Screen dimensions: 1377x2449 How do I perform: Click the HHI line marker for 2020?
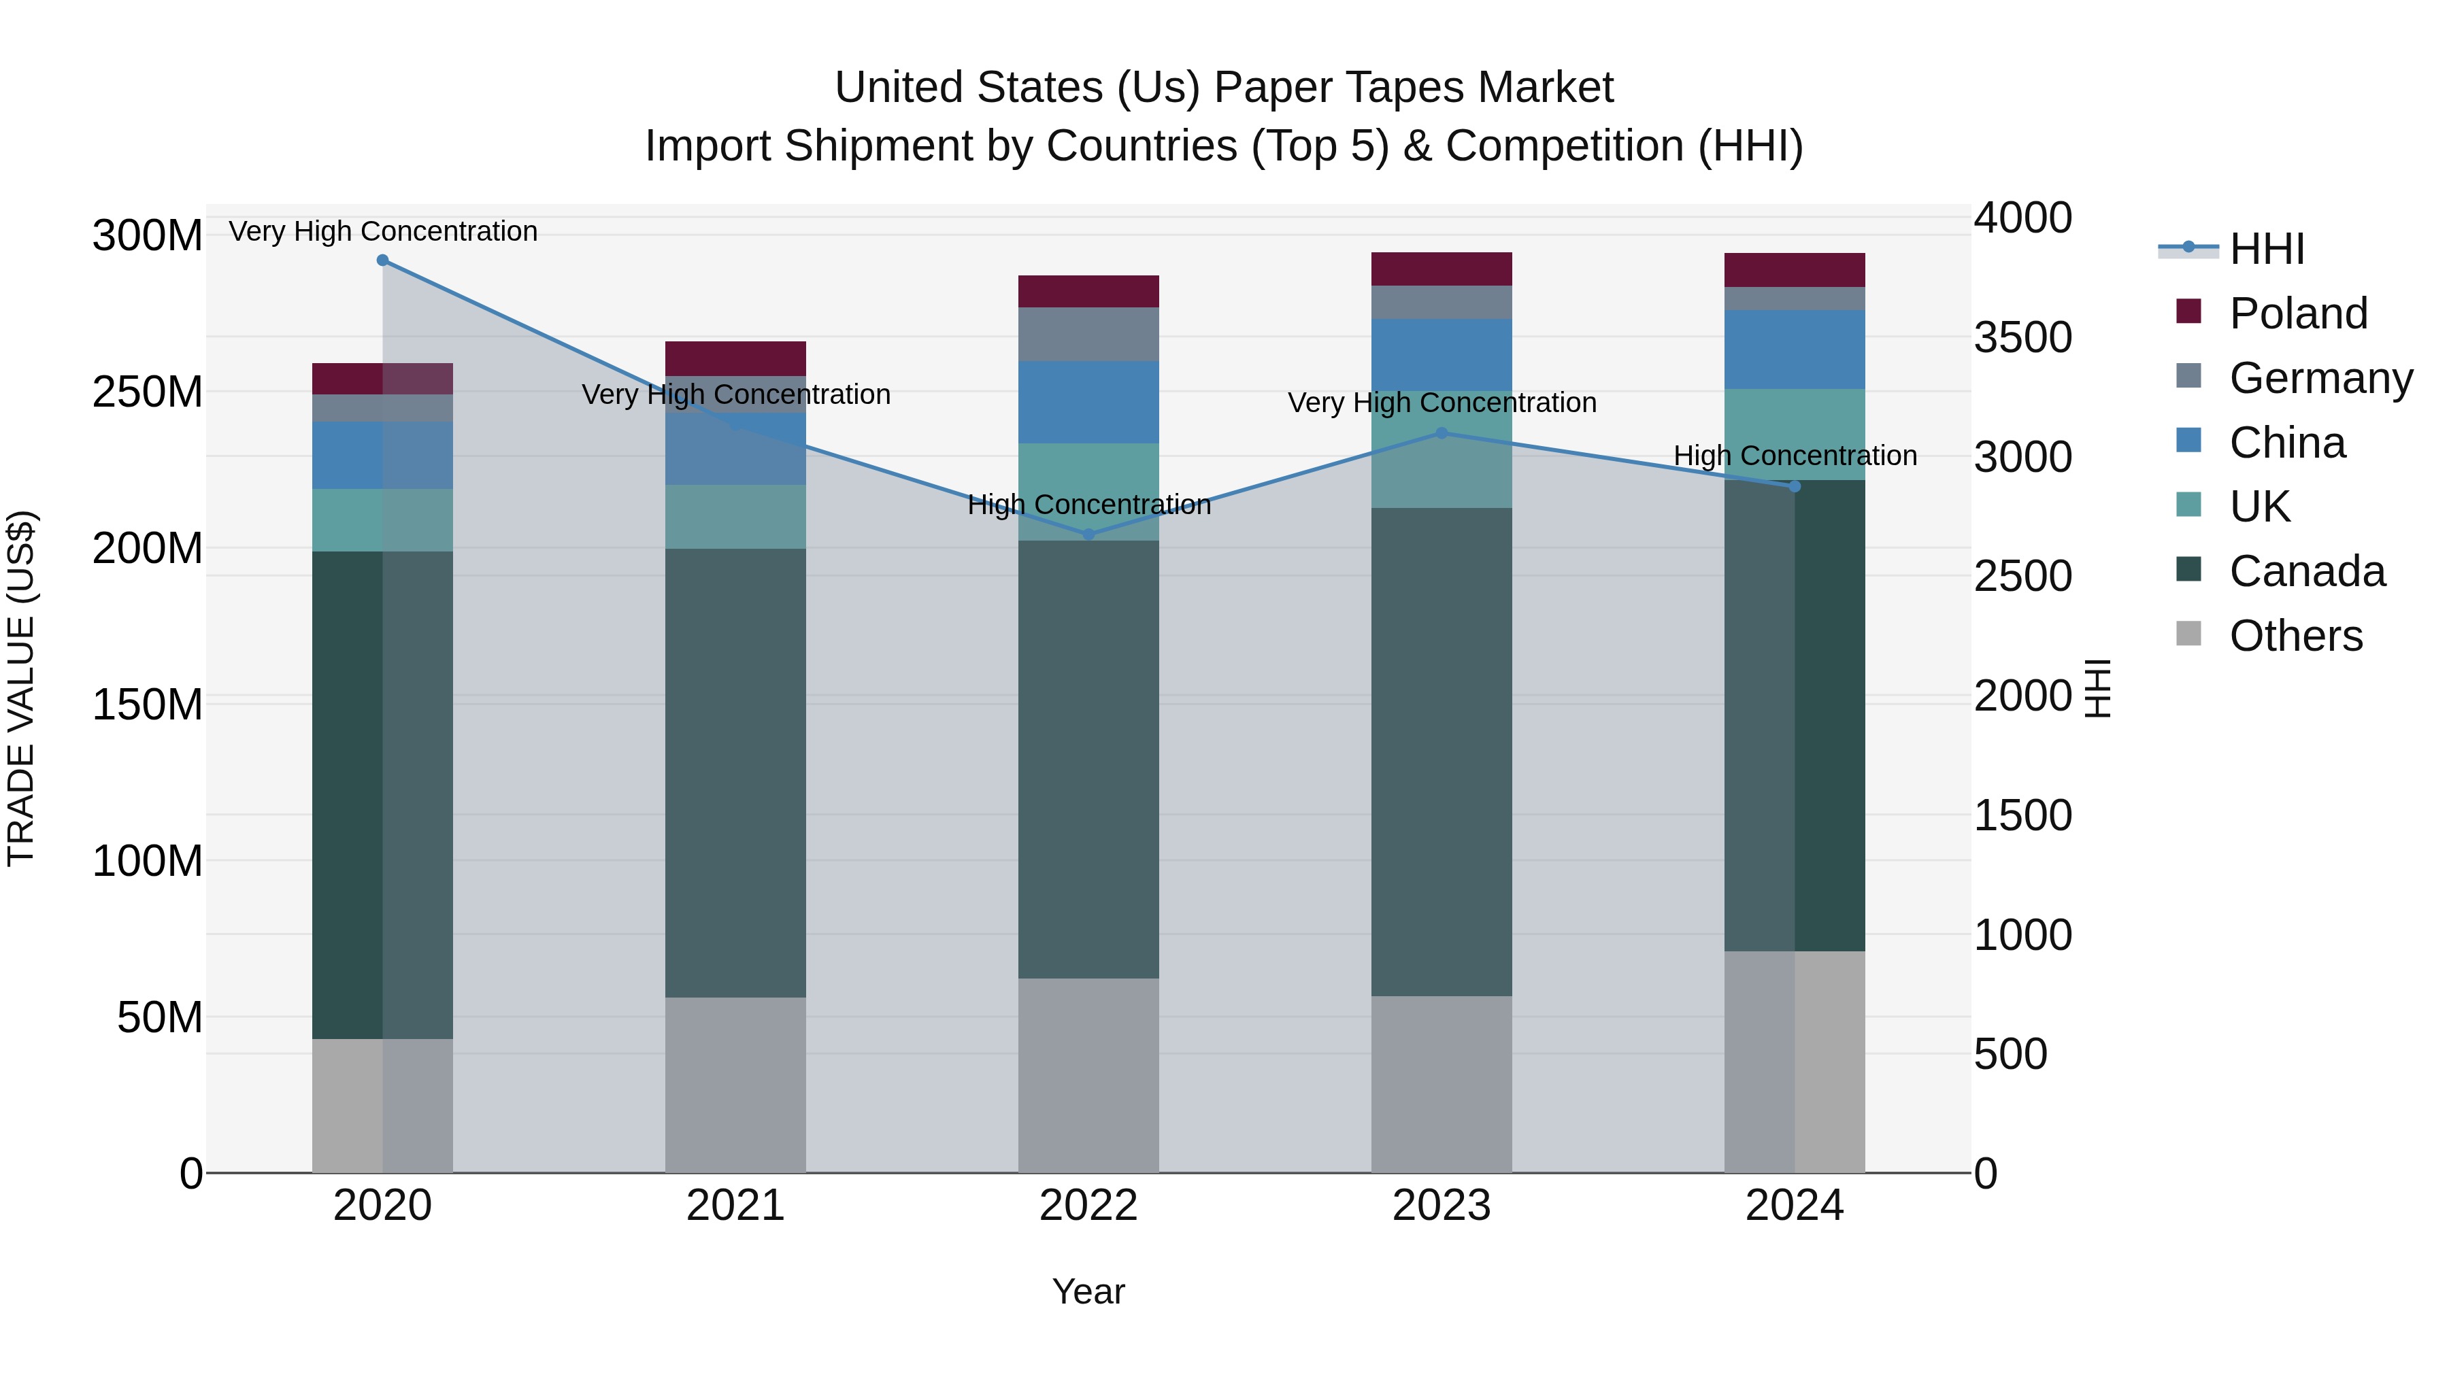pos(382,260)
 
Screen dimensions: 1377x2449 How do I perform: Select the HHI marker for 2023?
pos(1442,433)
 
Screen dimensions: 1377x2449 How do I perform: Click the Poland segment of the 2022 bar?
pos(1088,292)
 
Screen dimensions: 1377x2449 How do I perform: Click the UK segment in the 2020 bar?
pos(382,520)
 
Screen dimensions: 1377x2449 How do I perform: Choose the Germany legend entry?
pos(2320,378)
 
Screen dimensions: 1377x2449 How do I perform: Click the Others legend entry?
pos(2295,636)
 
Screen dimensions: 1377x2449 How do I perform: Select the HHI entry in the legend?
pos(2267,249)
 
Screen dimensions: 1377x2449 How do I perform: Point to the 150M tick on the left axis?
pos(148,705)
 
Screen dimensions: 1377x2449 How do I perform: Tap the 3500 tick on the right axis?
pos(2023,337)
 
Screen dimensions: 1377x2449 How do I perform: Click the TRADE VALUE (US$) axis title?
pos(21,688)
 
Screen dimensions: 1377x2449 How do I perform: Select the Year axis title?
pos(1088,1291)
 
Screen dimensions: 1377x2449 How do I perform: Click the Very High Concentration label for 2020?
pos(383,232)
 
